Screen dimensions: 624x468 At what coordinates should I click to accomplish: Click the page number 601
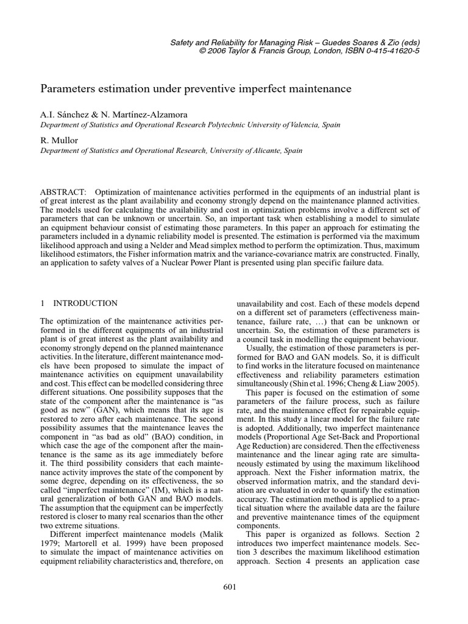point(229,587)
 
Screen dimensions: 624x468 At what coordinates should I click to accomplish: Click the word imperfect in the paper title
point(264,89)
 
